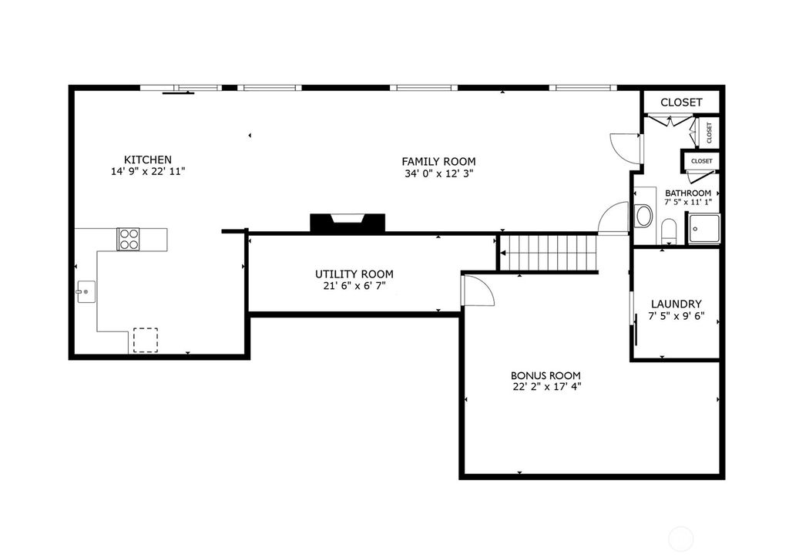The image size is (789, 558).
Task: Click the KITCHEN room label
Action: click(148, 160)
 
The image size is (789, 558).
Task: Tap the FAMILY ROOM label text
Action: click(438, 162)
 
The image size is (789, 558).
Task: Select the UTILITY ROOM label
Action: click(354, 274)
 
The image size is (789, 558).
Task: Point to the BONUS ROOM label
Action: click(546, 375)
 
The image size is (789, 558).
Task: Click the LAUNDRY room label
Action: click(677, 304)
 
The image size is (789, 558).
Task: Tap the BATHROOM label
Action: click(688, 193)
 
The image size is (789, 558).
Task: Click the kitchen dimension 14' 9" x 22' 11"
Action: click(148, 172)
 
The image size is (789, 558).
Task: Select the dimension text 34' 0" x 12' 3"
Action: click(438, 173)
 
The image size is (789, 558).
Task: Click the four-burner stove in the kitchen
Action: click(129, 239)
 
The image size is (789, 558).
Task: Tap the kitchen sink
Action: click(86, 292)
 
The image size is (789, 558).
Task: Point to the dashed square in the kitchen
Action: click(146, 340)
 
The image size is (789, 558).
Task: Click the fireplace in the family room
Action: click(347, 223)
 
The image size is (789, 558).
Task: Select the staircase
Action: click(550, 253)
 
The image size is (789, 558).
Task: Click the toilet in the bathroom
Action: click(669, 231)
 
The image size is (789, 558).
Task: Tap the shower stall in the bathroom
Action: click(703, 229)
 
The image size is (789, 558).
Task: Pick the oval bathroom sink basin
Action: click(643, 216)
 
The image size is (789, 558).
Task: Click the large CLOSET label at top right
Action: click(681, 103)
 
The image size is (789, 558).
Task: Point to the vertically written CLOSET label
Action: click(709, 133)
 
